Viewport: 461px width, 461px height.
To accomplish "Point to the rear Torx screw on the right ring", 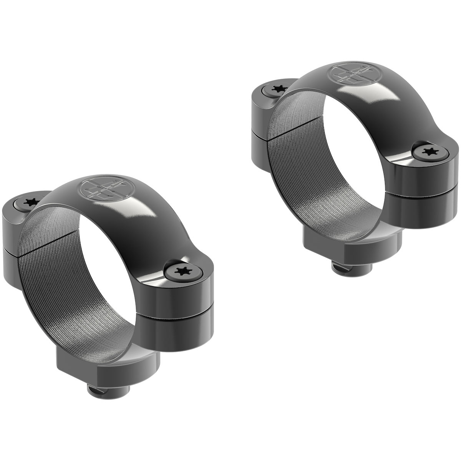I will click(x=275, y=89).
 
